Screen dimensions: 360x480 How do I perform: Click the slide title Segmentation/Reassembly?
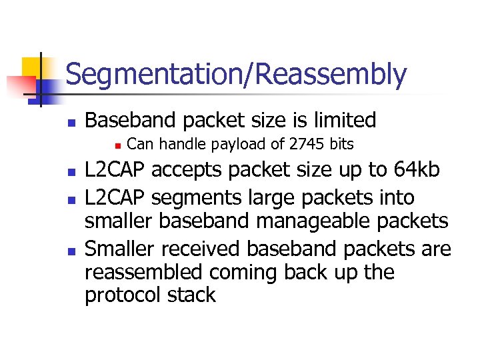pyautogui.click(x=236, y=75)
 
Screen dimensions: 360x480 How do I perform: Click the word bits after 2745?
pyautogui.click(x=341, y=144)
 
